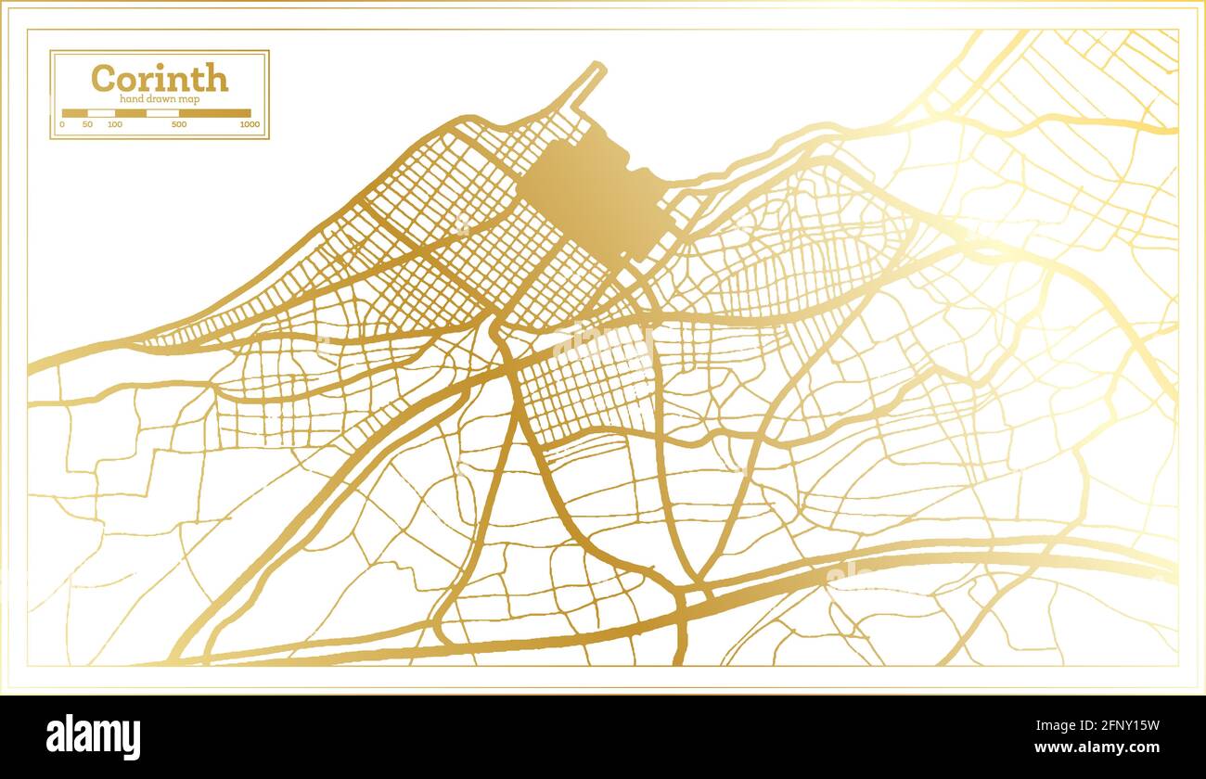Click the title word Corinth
[x=160, y=78]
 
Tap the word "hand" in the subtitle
[x=130, y=98]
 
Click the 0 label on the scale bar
[x=62, y=124]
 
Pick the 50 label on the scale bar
[x=87, y=124]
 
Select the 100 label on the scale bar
[x=114, y=124]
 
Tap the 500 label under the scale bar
[x=178, y=124]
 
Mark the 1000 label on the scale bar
[x=249, y=124]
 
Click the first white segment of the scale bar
[x=101, y=113]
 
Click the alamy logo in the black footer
[x=94, y=737]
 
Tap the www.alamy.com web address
[x=1105, y=747]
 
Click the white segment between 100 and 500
[x=162, y=113]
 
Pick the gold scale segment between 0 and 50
[x=74, y=113]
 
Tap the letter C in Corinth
[x=102, y=78]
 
